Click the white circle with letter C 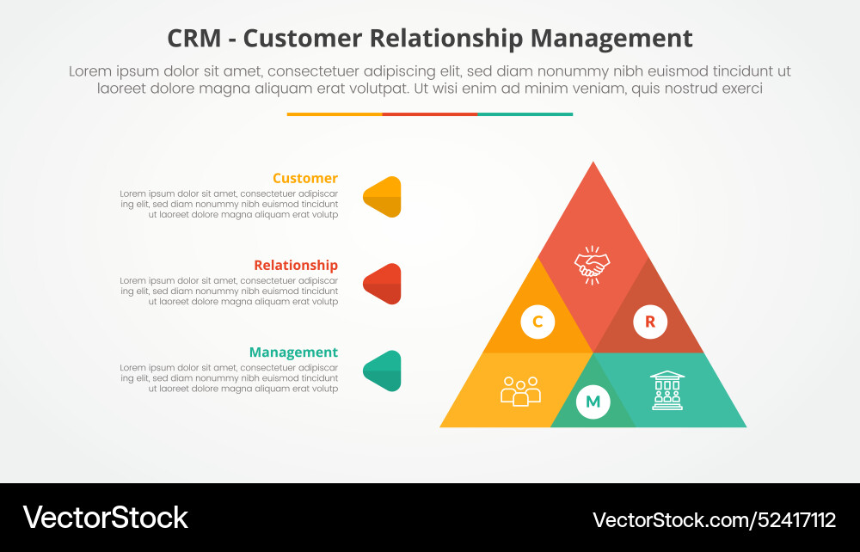pyautogui.click(x=537, y=322)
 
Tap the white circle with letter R pyautogui.click(x=649, y=322)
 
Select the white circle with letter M pyautogui.click(x=593, y=402)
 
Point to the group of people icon pyautogui.click(x=520, y=391)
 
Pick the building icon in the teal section pyautogui.click(x=666, y=390)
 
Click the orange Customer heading pyautogui.click(x=304, y=179)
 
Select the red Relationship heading pyautogui.click(x=295, y=266)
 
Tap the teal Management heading pyautogui.click(x=293, y=353)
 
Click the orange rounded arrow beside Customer pyautogui.click(x=384, y=197)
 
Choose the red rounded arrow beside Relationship pyautogui.click(x=384, y=284)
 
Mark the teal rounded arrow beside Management pyautogui.click(x=384, y=371)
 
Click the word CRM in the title pyautogui.click(x=193, y=39)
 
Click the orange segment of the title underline pyautogui.click(x=335, y=114)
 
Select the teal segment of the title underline pyautogui.click(x=525, y=114)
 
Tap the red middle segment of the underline pyautogui.click(x=429, y=114)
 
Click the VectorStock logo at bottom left pyautogui.click(x=105, y=518)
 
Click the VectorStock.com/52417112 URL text pyautogui.click(x=714, y=519)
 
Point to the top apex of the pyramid pyautogui.click(x=593, y=166)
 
